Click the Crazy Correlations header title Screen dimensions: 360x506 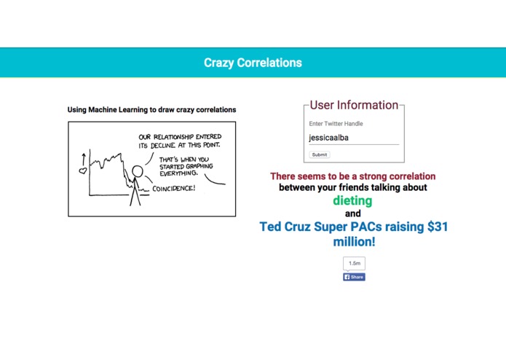(x=253, y=63)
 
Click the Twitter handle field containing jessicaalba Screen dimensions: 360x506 (x=354, y=137)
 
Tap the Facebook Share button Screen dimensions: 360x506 (x=354, y=277)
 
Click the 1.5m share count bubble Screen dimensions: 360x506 (x=354, y=263)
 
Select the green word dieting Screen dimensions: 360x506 (x=352, y=200)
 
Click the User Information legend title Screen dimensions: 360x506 (x=354, y=105)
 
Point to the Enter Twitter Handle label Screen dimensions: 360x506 (x=336, y=124)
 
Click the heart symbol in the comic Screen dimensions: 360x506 (x=83, y=171)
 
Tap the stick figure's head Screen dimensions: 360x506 (x=136, y=172)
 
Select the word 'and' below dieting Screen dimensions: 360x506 (x=352, y=214)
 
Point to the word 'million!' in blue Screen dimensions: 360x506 (x=354, y=241)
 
